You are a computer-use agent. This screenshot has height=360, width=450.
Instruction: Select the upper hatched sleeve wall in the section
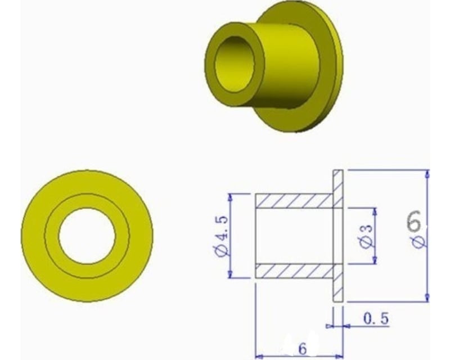click(x=292, y=200)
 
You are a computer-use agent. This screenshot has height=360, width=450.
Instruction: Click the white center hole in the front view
click(x=87, y=236)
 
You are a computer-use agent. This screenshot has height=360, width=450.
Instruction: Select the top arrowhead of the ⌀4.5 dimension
click(x=231, y=197)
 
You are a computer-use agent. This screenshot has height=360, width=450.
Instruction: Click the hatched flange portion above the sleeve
click(x=337, y=183)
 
